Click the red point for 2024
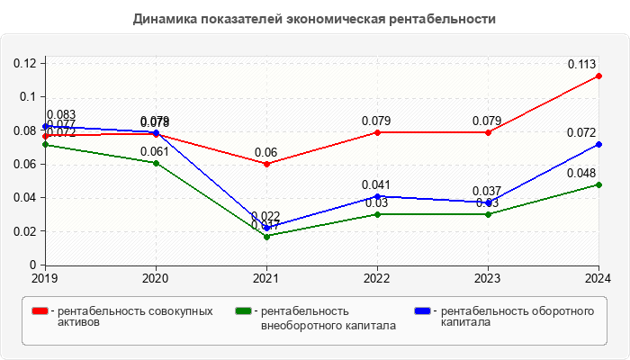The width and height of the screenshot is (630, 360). [599, 76]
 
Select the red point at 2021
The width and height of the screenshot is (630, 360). [267, 164]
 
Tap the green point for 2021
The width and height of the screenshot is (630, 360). [267, 236]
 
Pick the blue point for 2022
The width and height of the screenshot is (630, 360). [378, 196]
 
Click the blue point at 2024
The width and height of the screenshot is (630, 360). [599, 144]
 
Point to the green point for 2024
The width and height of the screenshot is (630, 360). [599, 184]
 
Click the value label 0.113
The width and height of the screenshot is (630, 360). [583, 64]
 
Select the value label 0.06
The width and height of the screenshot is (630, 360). [265, 152]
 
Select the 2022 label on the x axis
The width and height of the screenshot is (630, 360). [378, 278]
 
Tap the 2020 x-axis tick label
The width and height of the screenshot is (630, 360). [157, 278]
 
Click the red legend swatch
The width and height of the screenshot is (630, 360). [40, 311]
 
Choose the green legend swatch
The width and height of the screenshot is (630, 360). [242, 311]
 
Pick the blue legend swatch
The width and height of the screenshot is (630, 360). [422, 311]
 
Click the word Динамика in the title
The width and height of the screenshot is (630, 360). [166, 18]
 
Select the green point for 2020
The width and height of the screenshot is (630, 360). [157, 163]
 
